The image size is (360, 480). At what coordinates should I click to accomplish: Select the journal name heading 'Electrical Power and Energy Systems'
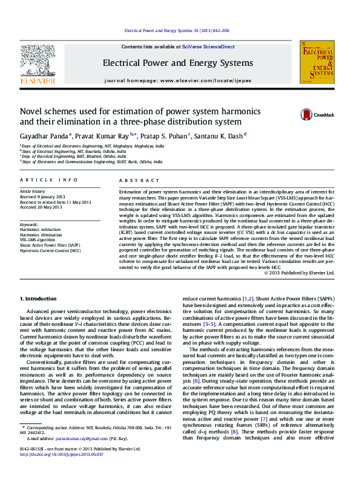[x=177, y=63]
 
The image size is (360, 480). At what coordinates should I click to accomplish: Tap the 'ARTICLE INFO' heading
[x=48, y=180]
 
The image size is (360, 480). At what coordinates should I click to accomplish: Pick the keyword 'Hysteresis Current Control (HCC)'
[x=50, y=250]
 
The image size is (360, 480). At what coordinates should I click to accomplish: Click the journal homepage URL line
[x=177, y=80]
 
